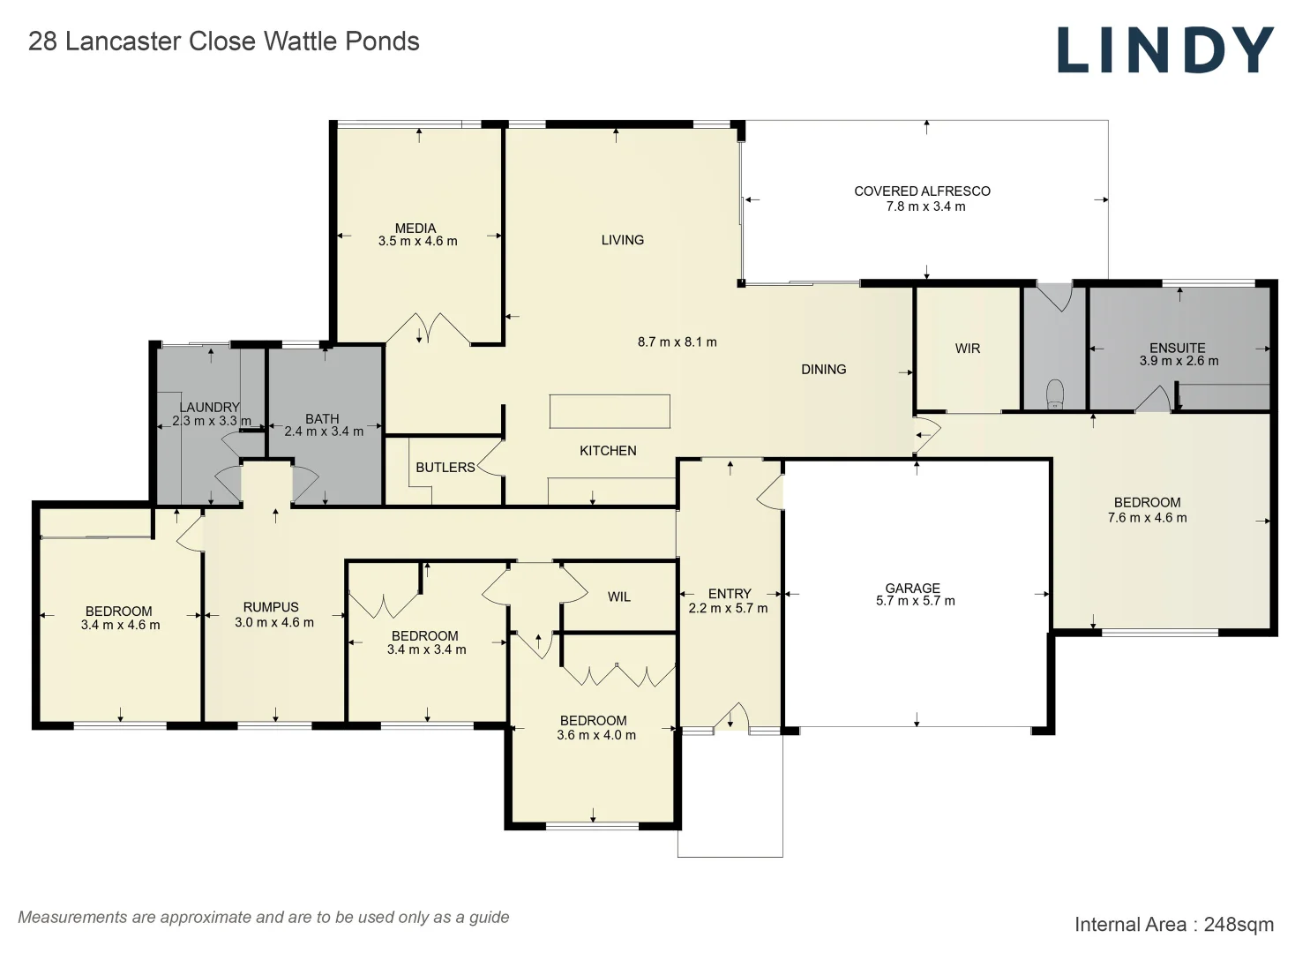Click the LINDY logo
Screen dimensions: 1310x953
click(1165, 50)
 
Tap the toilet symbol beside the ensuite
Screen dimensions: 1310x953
click(1055, 394)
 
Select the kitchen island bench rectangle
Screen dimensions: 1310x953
click(610, 411)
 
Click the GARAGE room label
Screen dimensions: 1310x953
click(912, 588)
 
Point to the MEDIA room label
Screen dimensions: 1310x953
click(415, 229)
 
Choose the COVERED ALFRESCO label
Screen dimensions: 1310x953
click(922, 191)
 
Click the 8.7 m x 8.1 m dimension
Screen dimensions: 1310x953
click(677, 342)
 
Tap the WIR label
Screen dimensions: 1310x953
click(968, 349)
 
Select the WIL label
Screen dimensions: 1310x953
click(618, 597)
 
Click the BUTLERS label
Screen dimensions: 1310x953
click(445, 468)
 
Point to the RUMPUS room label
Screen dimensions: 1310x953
click(271, 607)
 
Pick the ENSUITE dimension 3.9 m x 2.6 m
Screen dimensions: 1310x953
click(1179, 361)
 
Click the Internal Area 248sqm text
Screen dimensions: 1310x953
click(1174, 925)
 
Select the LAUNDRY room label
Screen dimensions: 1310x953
click(209, 407)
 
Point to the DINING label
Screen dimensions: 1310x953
click(823, 369)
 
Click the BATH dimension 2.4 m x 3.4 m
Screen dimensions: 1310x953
click(324, 431)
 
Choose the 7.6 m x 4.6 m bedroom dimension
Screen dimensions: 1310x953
click(1148, 518)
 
